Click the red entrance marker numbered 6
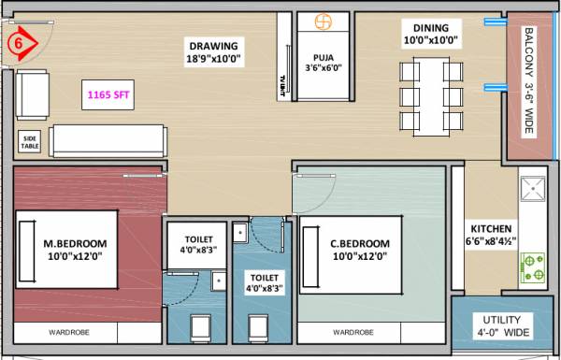point(20,42)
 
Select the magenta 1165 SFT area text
point(110,94)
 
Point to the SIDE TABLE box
point(29,141)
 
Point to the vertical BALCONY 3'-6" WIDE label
point(529,81)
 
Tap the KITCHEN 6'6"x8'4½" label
point(492,234)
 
